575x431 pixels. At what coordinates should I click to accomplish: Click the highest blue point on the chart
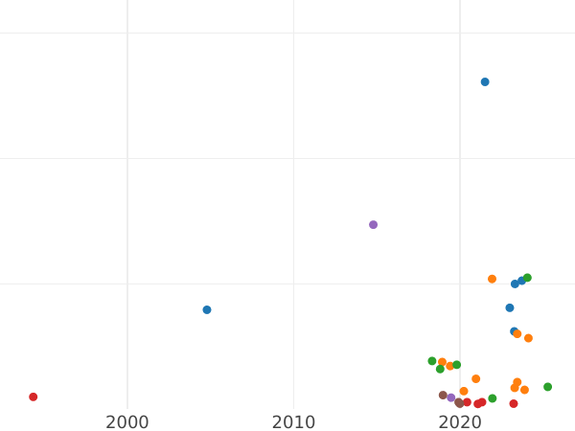485,82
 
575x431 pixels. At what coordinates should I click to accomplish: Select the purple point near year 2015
374,225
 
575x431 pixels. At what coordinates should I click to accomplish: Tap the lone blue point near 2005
207,310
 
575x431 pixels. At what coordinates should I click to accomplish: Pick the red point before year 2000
34,397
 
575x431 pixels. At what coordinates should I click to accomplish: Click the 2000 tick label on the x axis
127,422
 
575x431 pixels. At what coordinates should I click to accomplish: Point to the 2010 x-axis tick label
293,422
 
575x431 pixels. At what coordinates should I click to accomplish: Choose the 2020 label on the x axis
460,422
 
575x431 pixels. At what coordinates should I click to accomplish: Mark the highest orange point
493,280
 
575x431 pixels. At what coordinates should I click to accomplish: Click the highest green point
527,279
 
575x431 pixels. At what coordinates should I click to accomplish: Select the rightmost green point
548,388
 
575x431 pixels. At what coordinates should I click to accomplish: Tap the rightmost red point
514,404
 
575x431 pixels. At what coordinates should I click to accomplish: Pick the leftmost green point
432,361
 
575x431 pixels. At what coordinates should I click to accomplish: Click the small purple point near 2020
451,398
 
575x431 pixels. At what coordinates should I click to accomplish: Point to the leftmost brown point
443,396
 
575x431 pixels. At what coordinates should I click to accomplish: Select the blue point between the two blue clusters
510,308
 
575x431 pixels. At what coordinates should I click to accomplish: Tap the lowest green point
493,399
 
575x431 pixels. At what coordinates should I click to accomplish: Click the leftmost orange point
443,363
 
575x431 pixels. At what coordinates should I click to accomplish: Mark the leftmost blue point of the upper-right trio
515,284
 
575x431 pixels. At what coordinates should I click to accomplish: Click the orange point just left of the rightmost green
524,391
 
